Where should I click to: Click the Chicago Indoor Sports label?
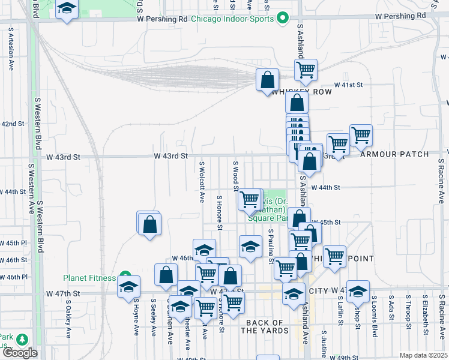tap(232, 19)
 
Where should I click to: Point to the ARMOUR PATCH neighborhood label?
tap(394, 154)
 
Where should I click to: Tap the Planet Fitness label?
tap(90, 277)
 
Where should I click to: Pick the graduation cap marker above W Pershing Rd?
tap(67, 9)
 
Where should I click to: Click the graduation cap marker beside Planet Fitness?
tap(128, 287)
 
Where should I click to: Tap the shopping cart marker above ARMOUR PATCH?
tap(361, 136)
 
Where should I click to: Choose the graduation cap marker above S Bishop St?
tap(358, 292)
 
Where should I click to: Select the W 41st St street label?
tap(349, 85)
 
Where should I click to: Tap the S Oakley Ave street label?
tap(68, 324)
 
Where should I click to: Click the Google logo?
tap(20, 353)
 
